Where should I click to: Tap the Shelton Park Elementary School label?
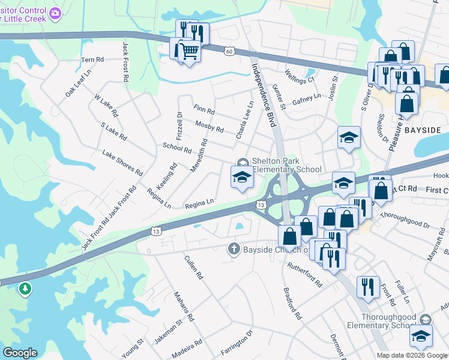tap(287, 165)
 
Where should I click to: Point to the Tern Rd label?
tap(92, 60)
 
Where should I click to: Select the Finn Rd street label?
tap(204, 110)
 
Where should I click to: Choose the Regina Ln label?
tap(199, 204)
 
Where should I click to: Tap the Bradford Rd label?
tap(292, 302)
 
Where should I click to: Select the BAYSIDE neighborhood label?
tap(423, 130)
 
